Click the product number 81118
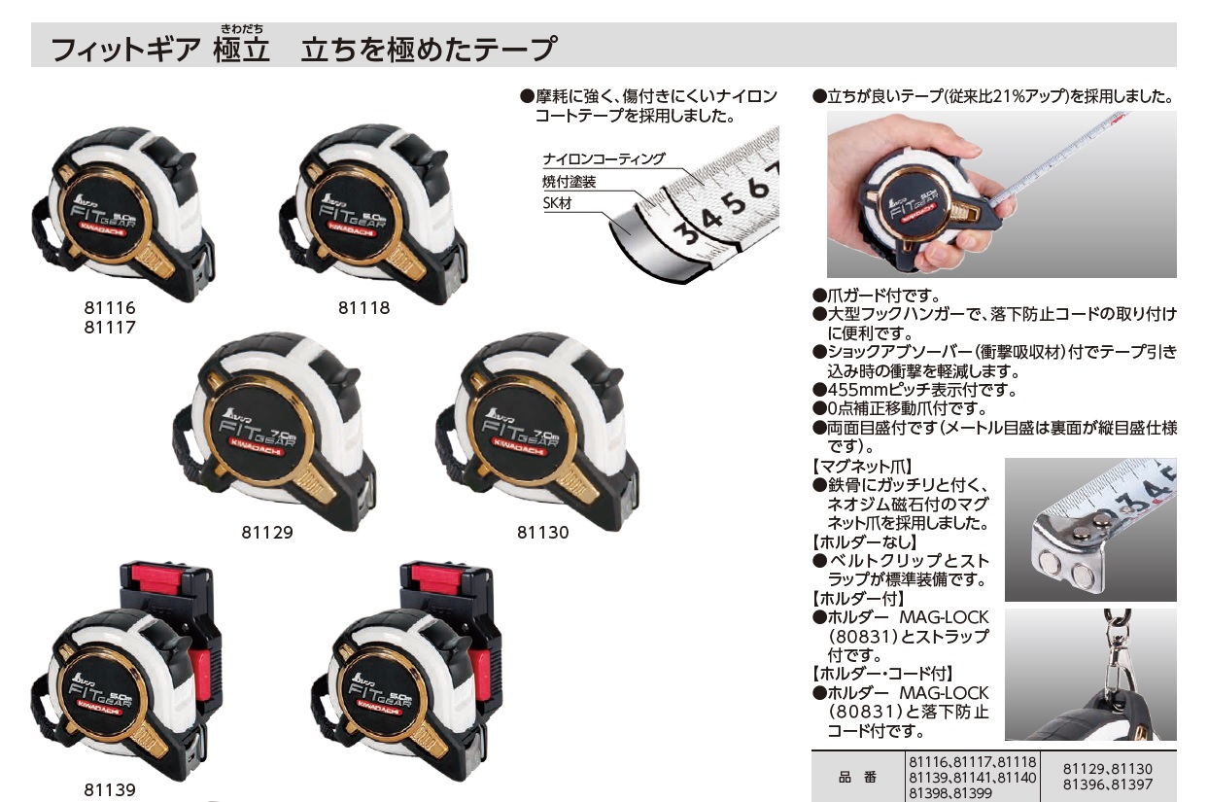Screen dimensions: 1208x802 [x=364, y=308]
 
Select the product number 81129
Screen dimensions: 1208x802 [x=267, y=533]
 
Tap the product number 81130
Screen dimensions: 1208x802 [x=543, y=533]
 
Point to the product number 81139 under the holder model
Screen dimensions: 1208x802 [x=110, y=790]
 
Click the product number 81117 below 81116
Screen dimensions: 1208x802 [x=110, y=328]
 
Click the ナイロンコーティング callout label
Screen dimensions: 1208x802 [x=604, y=159]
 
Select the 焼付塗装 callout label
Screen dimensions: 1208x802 [x=569, y=182]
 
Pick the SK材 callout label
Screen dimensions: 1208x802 [x=557, y=203]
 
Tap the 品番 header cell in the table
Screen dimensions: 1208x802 [x=857, y=777]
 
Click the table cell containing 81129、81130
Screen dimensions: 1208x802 [x=1108, y=777]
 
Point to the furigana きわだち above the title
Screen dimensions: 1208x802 [x=242, y=28]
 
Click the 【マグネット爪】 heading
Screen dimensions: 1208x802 [x=862, y=466]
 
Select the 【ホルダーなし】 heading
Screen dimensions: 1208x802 [x=865, y=541]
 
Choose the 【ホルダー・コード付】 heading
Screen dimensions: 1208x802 [x=882, y=673]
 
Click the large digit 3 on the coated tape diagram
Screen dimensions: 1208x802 [x=688, y=233]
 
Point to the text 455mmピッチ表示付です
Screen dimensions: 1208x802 [x=921, y=390]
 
